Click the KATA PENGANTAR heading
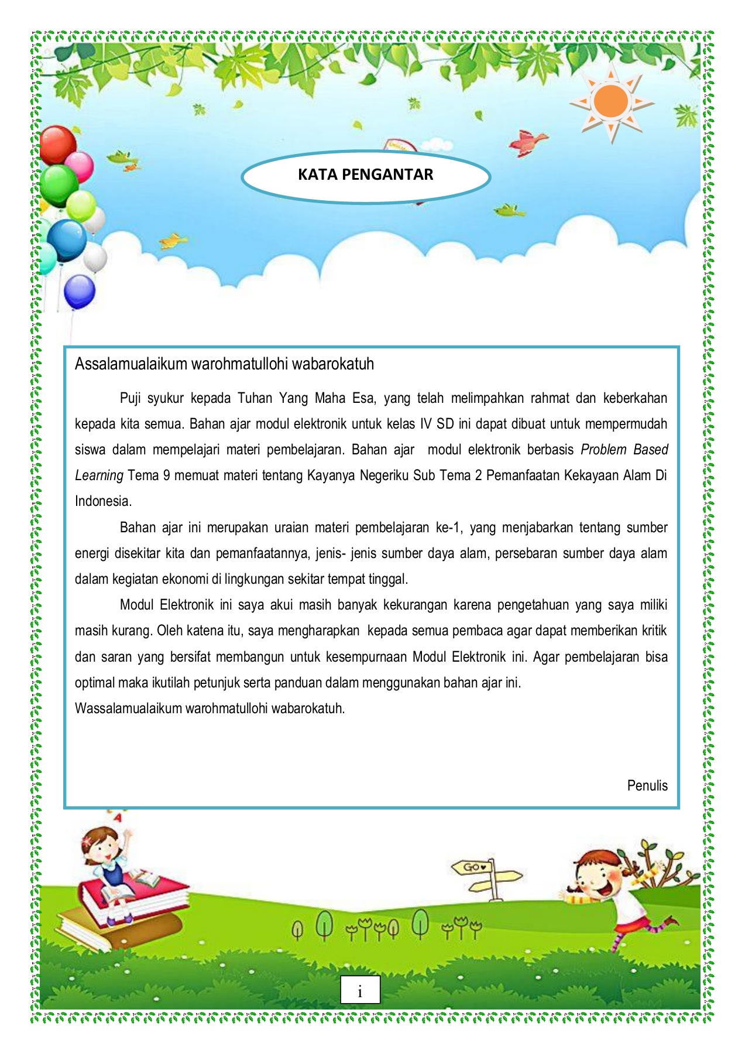pyautogui.click(x=365, y=174)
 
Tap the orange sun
pyautogui.click(x=610, y=102)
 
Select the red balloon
pyautogui.click(x=57, y=145)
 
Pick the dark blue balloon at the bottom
pyautogui.click(x=80, y=291)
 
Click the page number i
pyautogui.click(x=360, y=991)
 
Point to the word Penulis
pyautogui.click(x=647, y=786)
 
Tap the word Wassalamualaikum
pyautogui.click(x=129, y=709)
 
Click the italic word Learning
pyautogui.click(x=99, y=475)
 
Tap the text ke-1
pyautogui.click(x=449, y=528)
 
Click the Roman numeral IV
pyautogui.click(x=426, y=424)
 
